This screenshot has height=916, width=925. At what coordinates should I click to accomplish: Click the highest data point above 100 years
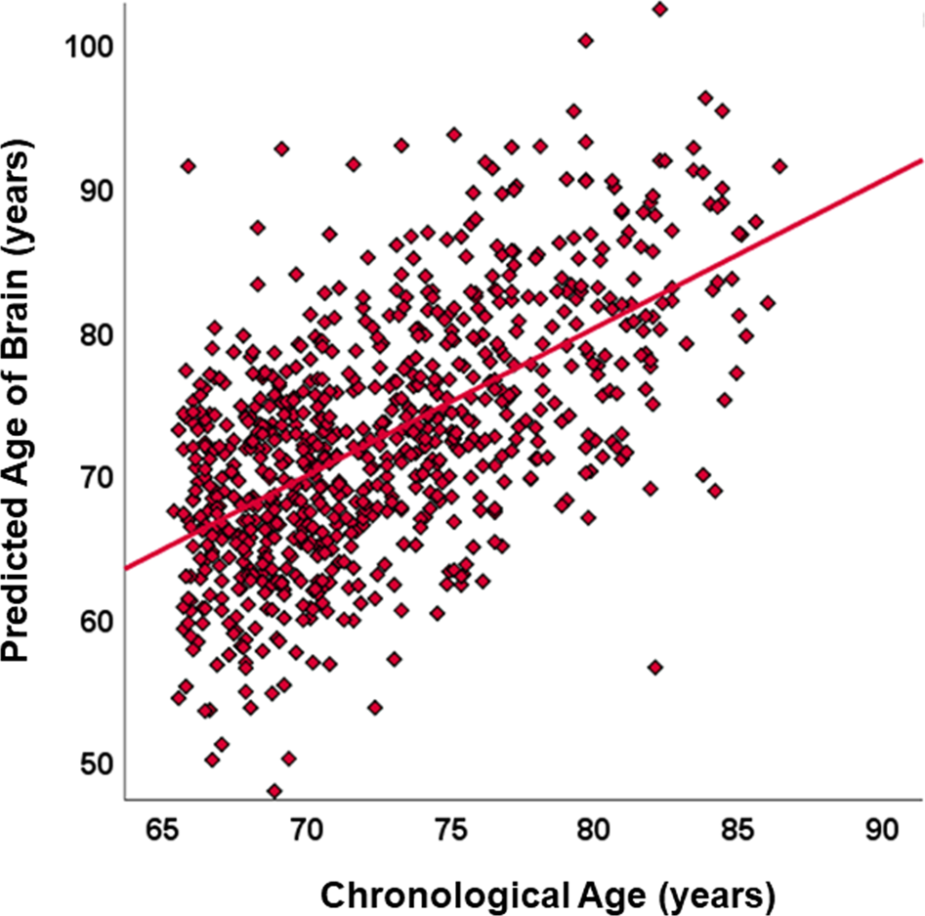[x=660, y=10]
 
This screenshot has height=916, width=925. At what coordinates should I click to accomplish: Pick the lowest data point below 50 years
[x=274, y=791]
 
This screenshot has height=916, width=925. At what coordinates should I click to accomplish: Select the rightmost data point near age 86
[x=778, y=166]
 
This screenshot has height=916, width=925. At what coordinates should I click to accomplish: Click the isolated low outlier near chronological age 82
[x=655, y=667]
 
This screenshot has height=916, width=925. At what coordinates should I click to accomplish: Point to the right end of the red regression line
[x=922, y=159]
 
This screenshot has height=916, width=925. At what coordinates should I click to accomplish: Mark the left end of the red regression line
[x=126, y=567]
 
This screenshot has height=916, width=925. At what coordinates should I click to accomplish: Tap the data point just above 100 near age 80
[x=586, y=41]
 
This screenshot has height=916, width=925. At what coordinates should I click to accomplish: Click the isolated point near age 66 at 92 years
[x=188, y=166]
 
